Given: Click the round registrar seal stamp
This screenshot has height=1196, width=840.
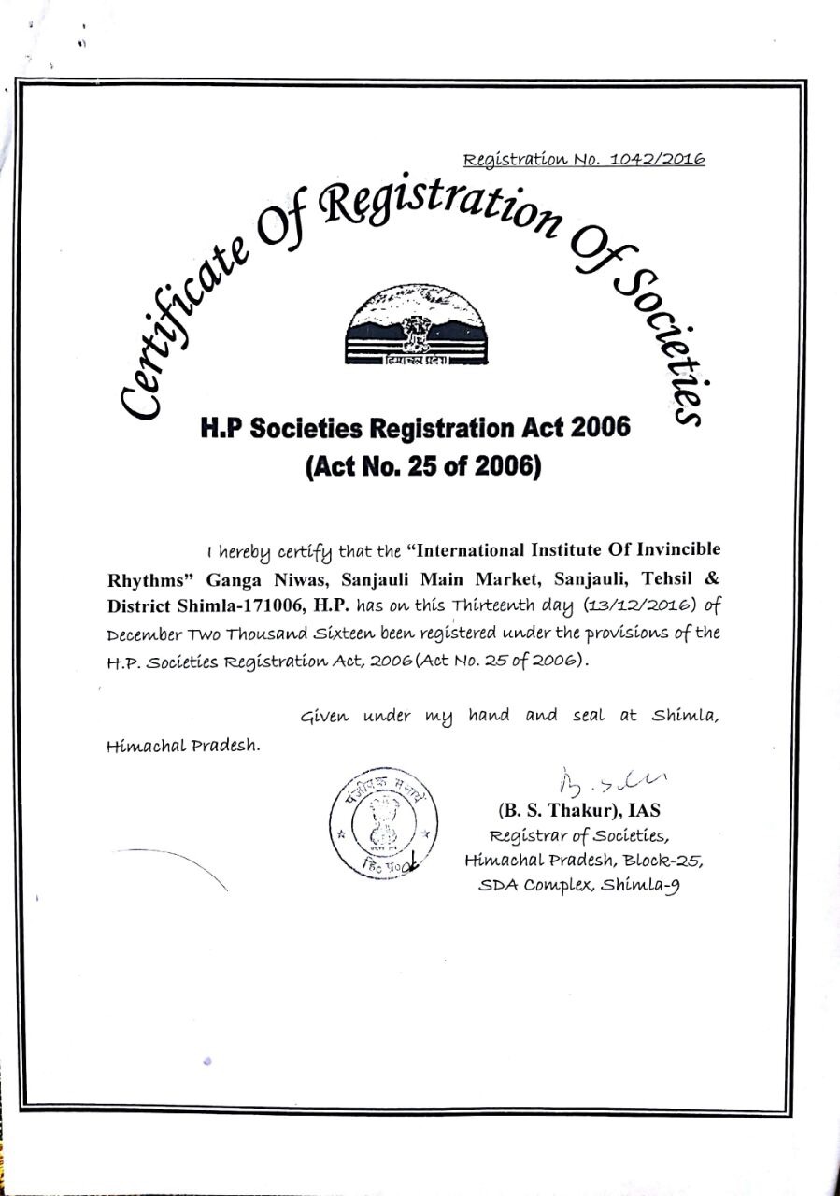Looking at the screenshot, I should pyautogui.click(x=383, y=823).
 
